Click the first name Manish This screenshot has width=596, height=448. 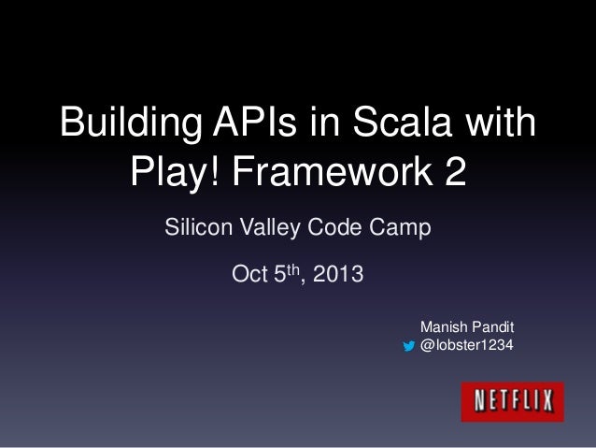coord(443,327)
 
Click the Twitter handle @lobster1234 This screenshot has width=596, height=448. coord(466,346)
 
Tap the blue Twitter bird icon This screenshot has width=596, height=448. coord(407,347)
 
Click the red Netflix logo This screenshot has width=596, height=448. coord(512,401)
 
